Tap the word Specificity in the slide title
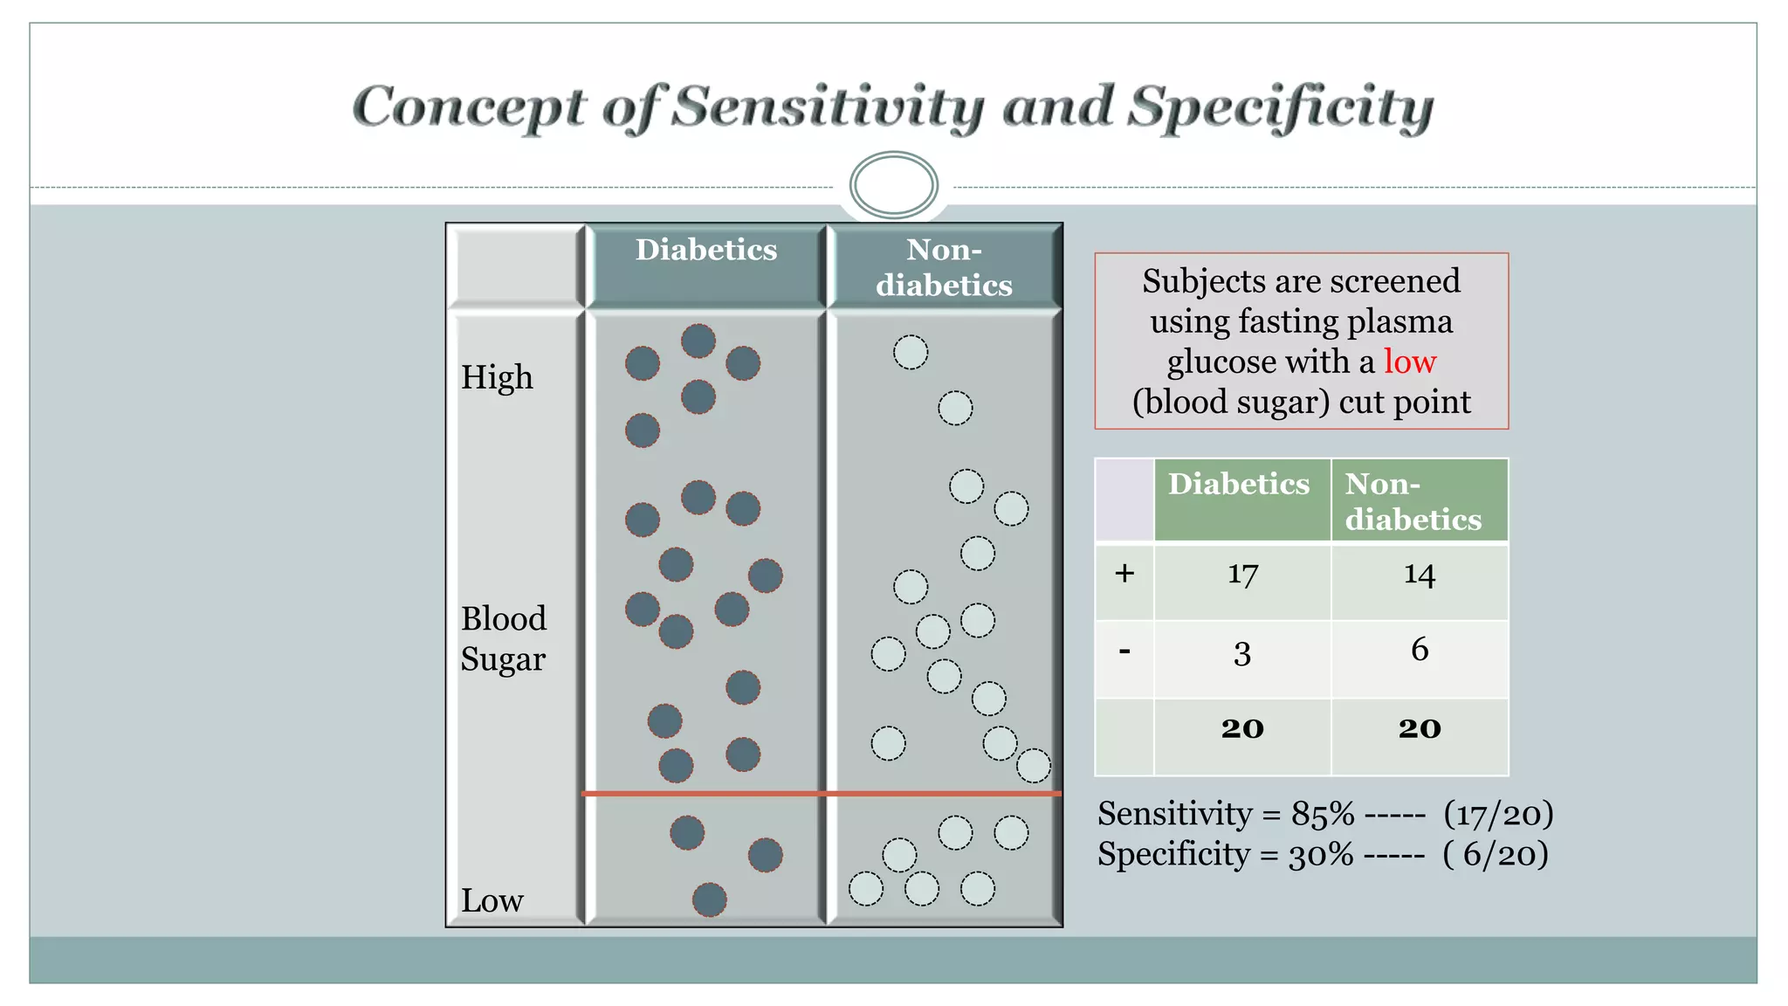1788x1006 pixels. pos(1280,108)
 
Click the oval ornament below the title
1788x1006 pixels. pos(893,185)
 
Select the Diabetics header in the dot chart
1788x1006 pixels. pos(705,251)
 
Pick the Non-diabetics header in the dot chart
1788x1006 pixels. pos(944,267)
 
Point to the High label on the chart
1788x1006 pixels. pos(497,377)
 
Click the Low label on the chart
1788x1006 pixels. pos(492,900)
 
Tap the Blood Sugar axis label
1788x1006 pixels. pos(504,638)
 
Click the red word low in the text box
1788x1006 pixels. pos(1409,362)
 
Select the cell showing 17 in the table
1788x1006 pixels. pos(1242,574)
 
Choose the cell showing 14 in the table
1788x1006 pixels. pos(1419,574)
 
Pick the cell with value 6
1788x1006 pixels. pos(1419,650)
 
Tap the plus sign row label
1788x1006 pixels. pos(1124,574)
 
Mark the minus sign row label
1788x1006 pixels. pos(1124,651)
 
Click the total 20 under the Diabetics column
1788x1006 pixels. pos(1242,728)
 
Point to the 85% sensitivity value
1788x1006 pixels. pos(1323,814)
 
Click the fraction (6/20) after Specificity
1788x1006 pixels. pos(1496,854)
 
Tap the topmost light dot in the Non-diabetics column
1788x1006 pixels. pos(911,353)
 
